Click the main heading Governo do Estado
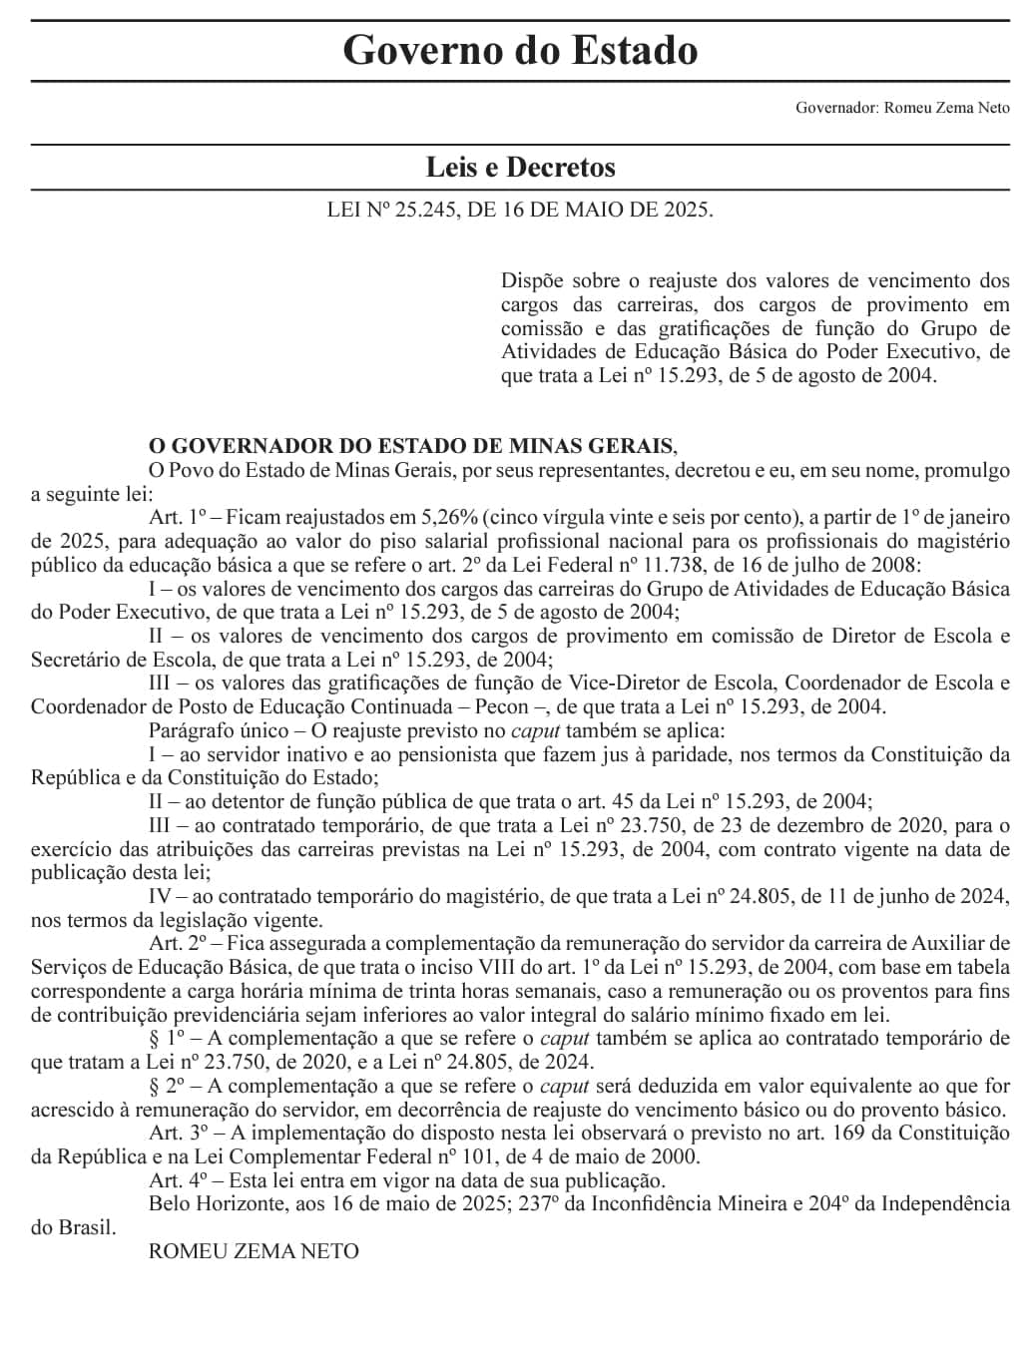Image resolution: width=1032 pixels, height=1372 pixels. click(520, 50)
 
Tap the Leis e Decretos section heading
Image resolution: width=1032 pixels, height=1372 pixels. click(520, 167)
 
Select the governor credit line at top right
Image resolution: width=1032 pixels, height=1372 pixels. click(902, 108)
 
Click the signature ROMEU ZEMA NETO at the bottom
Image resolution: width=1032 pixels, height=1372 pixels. click(254, 1251)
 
